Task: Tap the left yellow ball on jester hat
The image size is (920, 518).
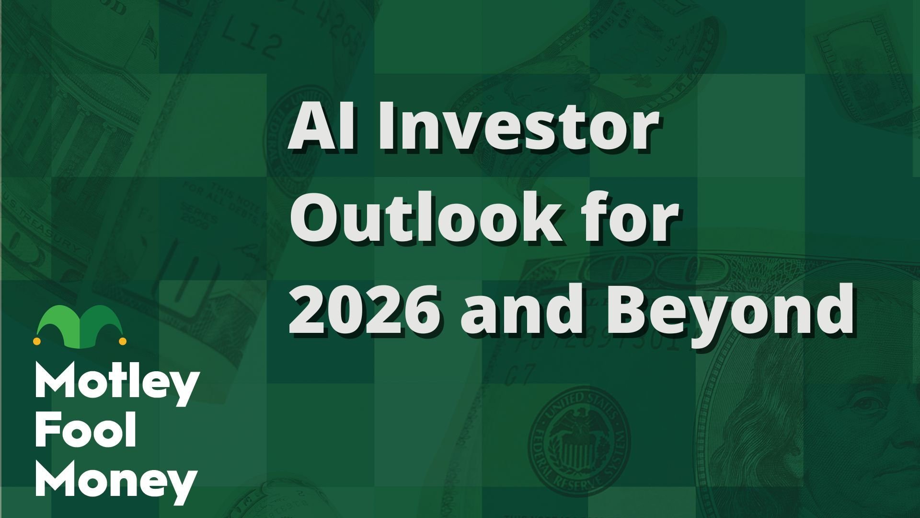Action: [36, 341]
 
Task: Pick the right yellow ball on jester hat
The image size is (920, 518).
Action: [122, 341]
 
